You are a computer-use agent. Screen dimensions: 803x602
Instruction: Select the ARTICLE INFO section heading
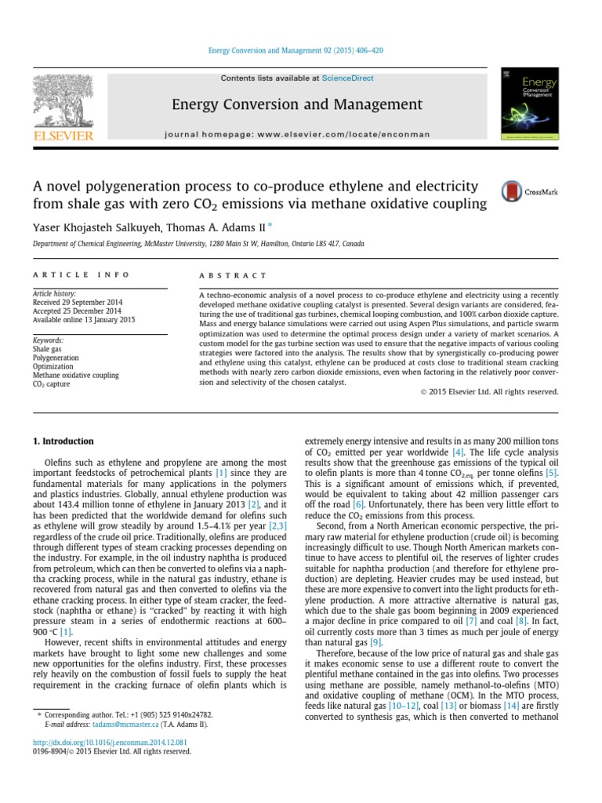(x=65, y=275)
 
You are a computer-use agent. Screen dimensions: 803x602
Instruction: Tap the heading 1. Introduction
(x=63, y=441)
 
